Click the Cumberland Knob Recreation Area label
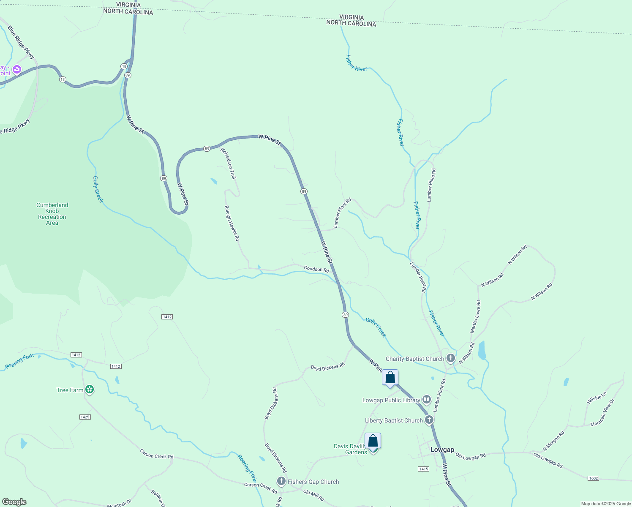click(x=52, y=214)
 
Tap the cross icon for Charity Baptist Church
click(x=451, y=359)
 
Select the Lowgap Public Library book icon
click(x=427, y=400)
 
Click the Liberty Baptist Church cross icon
click(x=429, y=420)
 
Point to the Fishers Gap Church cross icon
click(x=281, y=481)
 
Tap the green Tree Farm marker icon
click(x=89, y=390)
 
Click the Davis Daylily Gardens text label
click(x=350, y=449)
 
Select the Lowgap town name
click(x=442, y=450)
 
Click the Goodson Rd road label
click(x=316, y=269)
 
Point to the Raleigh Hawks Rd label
click(x=232, y=223)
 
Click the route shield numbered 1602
click(x=593, y=478)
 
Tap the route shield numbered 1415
click(x=423, y=469)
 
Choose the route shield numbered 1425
click(x=85, y=417)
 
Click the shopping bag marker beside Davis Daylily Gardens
click(x=373, y=441)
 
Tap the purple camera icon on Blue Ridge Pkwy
click(x=17, y=69)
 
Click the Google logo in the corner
click(x=14, y=502)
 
